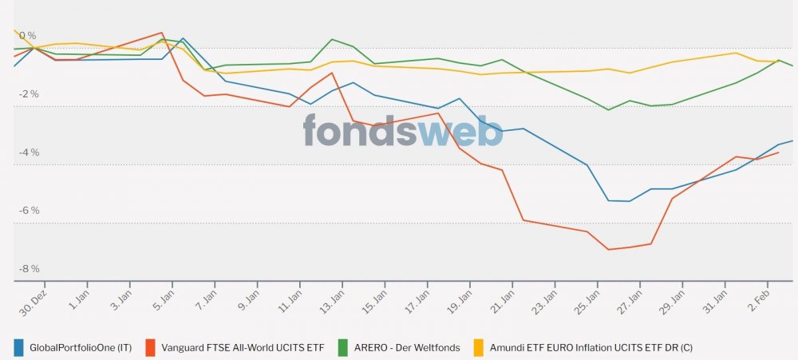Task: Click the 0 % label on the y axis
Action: click(x=27, y=36)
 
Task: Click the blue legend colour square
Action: click(x=19, y=347)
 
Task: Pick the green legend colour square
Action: click(x=342, y=347)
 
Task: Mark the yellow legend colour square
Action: click(x=480, y=347)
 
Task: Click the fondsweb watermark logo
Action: click(x=403, y=131)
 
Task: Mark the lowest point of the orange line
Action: click(x=609, y=250)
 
